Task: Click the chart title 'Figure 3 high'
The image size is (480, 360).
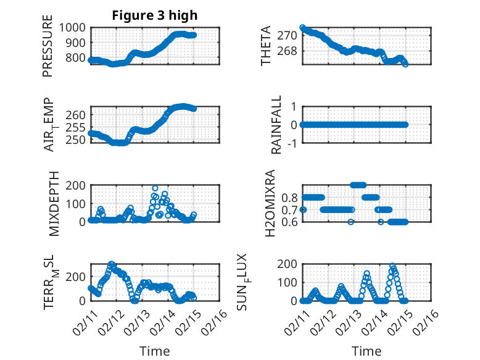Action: tap(155, 15)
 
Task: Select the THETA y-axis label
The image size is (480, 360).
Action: tap(266, 46)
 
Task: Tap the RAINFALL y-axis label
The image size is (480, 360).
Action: tap(277, 125)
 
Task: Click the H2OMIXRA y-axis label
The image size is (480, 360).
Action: tap(270, 203)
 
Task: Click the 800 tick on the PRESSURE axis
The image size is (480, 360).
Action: tap(78, 58)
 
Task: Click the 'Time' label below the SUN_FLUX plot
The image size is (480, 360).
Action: tap(366, 351)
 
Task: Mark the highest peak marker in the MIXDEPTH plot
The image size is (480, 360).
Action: tap(155, 188)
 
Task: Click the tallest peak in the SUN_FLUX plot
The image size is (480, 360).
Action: tap(392, 266)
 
